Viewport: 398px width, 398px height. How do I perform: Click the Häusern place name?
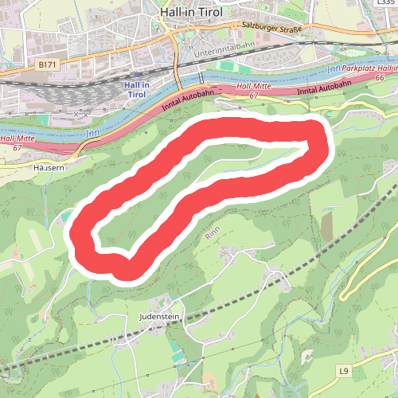(49, 168)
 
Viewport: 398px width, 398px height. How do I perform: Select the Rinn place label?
(212, 234)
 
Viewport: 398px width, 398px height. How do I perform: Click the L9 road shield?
(343, 371)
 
